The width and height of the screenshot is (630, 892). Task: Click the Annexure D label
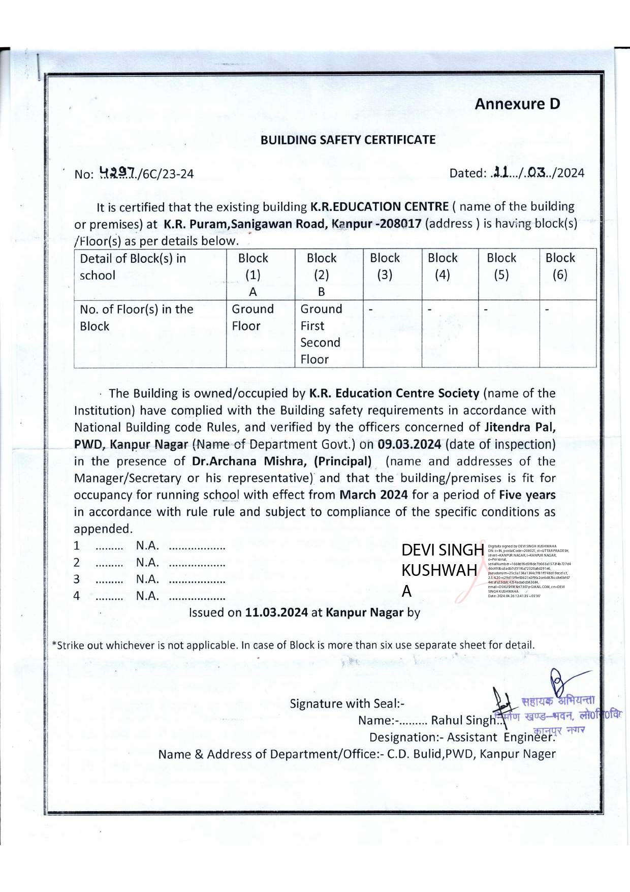(x=517, y=104)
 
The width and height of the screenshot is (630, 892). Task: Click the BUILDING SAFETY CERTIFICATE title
(x=348, y=140)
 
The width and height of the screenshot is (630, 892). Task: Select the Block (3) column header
(x=385, y=266)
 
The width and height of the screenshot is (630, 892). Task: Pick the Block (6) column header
(x=560, y=266)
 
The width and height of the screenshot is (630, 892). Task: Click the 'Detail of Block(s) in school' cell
(x=133, y=267)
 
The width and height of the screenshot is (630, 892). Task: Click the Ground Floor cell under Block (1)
(x=253, y=317)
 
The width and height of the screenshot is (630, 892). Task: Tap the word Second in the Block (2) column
(x=320, y=343)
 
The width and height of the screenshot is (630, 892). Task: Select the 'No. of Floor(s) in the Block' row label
(x=136, y=318)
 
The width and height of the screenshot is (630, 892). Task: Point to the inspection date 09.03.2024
(x=409, y=444)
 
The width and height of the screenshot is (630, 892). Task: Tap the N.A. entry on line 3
(x=147, y=579)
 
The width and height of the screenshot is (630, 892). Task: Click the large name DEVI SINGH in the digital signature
(x=443, y=550)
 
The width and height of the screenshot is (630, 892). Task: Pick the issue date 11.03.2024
(x=276, y=612)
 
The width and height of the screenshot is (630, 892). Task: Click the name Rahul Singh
(x=463, y=720)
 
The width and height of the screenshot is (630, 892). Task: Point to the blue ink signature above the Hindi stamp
(x=564, y=684)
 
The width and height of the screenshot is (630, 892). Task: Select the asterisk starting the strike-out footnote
(x=54, y=644)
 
